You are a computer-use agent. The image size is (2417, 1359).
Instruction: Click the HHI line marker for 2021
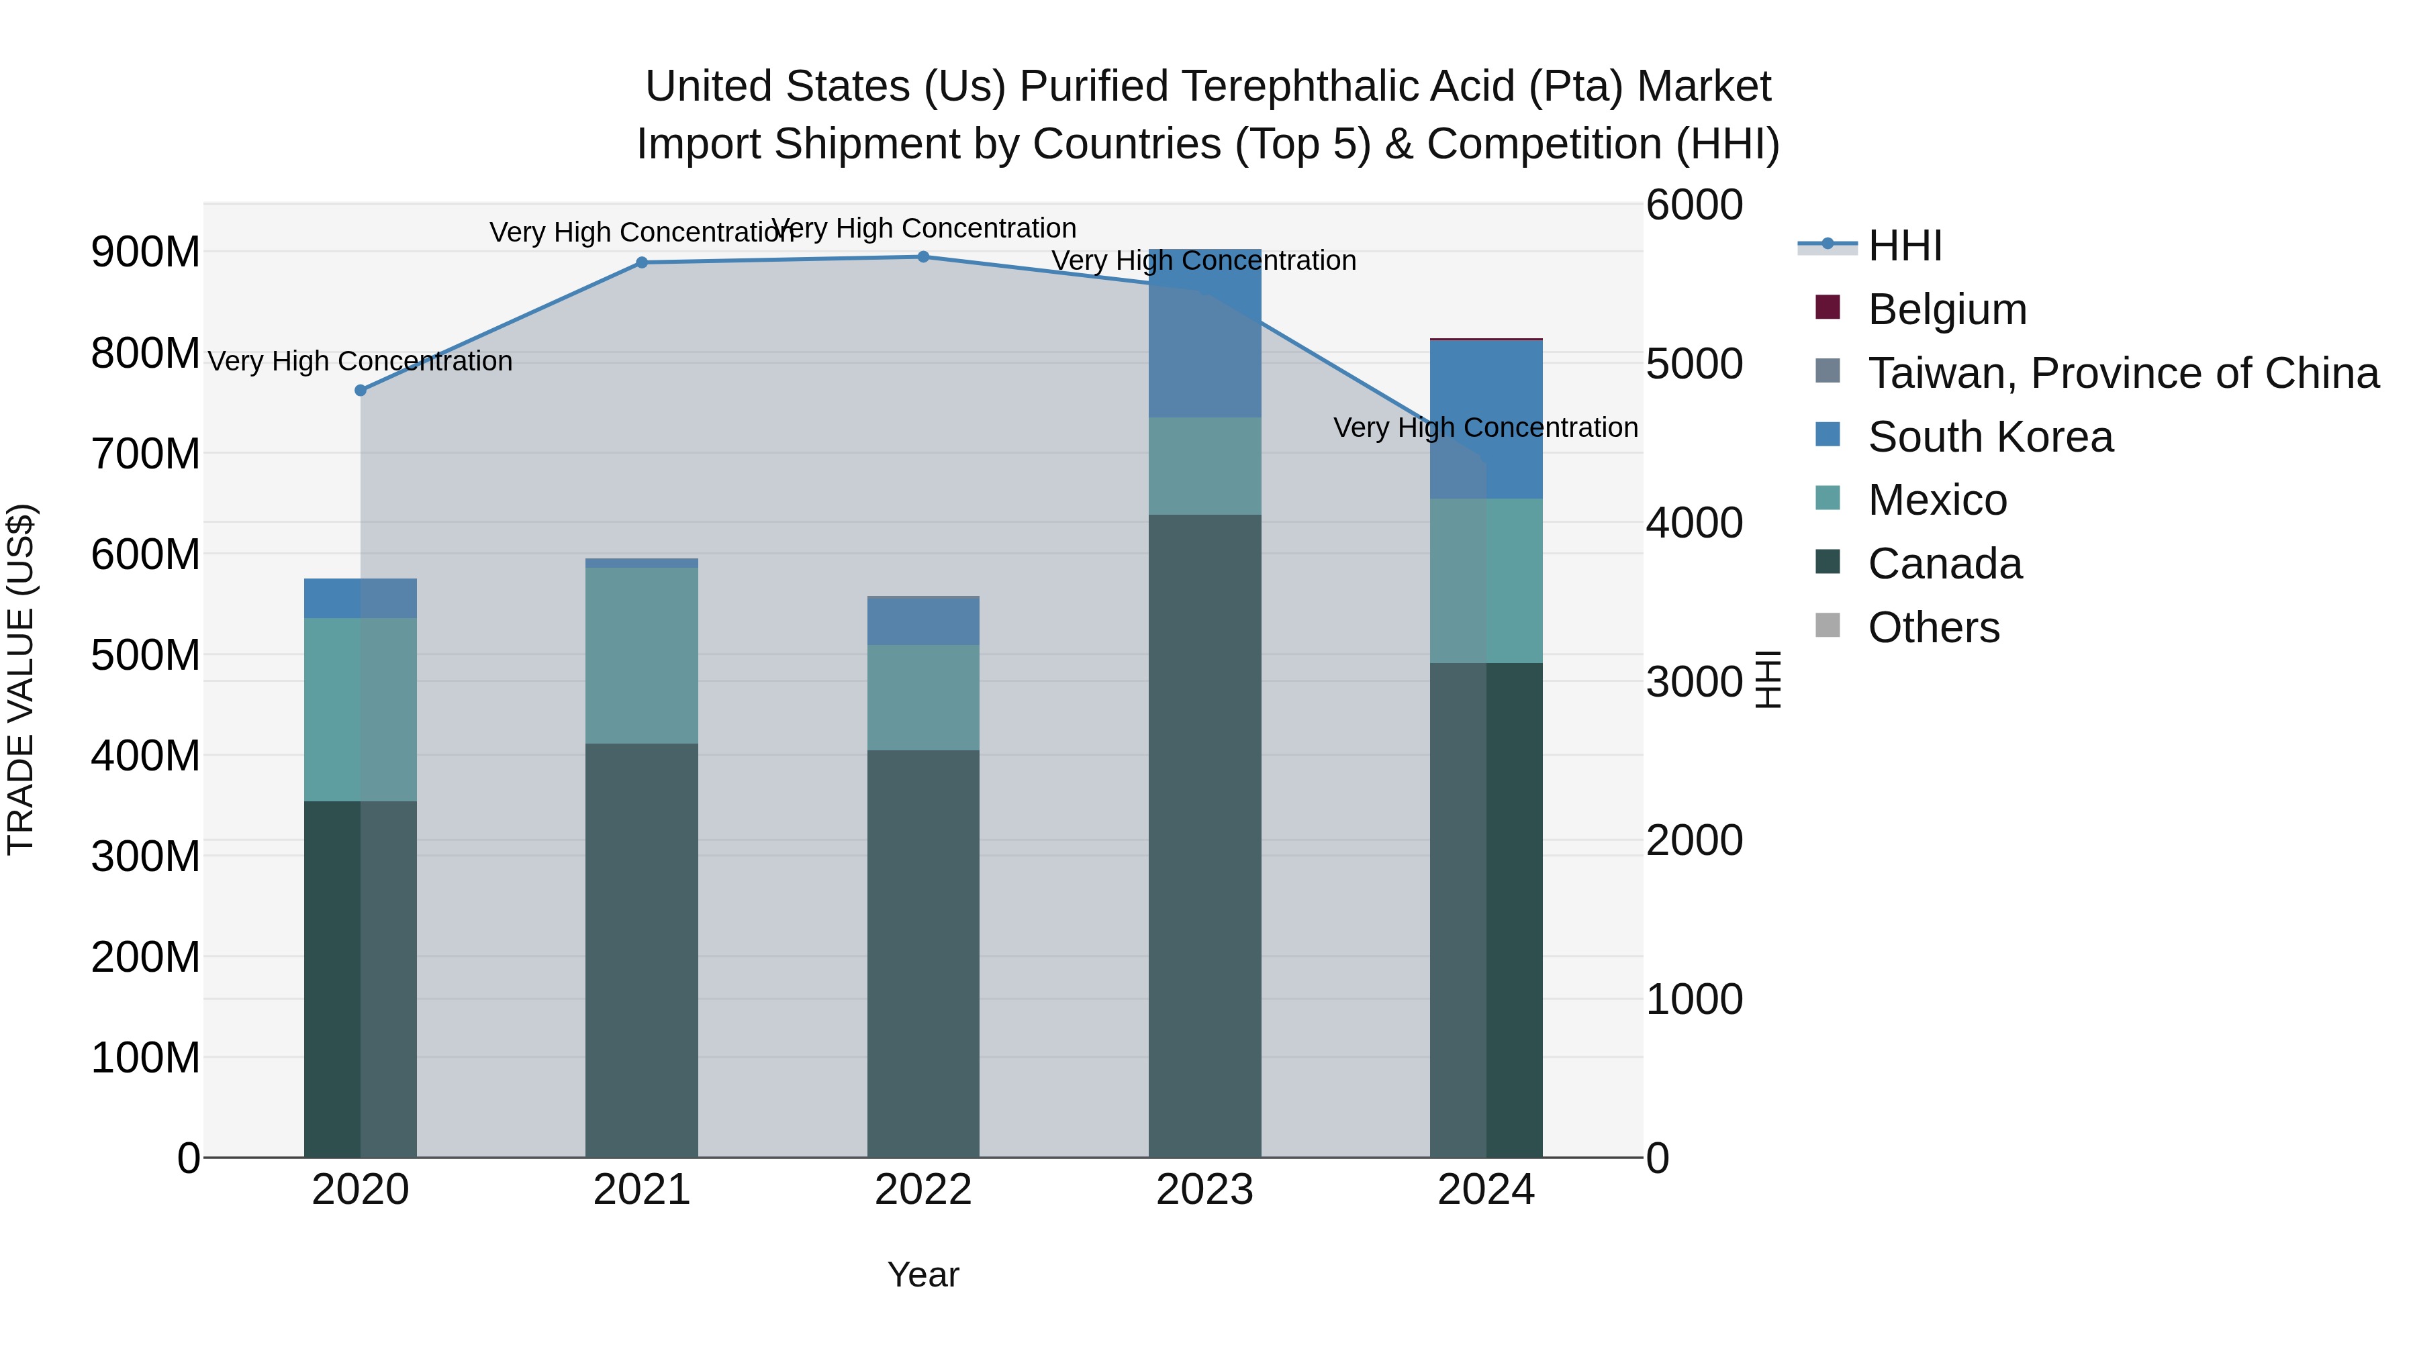[642, 262]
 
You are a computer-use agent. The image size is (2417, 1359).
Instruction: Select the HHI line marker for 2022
[923, 257]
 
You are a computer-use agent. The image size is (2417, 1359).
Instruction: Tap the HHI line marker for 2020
[361, 390]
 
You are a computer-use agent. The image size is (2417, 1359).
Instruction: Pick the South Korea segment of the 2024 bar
[1486, 419]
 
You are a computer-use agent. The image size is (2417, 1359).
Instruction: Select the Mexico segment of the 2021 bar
[642, 656]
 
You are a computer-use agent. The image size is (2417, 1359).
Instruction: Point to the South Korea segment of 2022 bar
[923, 621]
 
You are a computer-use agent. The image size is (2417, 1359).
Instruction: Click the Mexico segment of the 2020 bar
[361, 709]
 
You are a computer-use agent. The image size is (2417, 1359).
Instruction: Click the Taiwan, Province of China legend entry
[2122, 373]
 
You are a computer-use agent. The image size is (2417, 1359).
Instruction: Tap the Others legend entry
[1933, 627]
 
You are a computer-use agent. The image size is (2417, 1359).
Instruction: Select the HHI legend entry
[1904, 246]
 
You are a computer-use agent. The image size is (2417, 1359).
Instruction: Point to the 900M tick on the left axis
[146, 252]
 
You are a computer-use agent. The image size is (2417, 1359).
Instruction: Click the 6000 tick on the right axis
[1695, 205]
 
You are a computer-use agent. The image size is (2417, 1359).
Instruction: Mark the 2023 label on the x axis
[1204, 1190]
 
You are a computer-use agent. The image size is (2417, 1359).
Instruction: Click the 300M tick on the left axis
[146, 856]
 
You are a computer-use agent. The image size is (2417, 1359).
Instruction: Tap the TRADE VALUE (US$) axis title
[21, 679]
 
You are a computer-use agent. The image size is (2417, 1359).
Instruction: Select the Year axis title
[923, 1274]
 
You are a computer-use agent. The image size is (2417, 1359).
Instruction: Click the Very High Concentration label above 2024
[1485, 427]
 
